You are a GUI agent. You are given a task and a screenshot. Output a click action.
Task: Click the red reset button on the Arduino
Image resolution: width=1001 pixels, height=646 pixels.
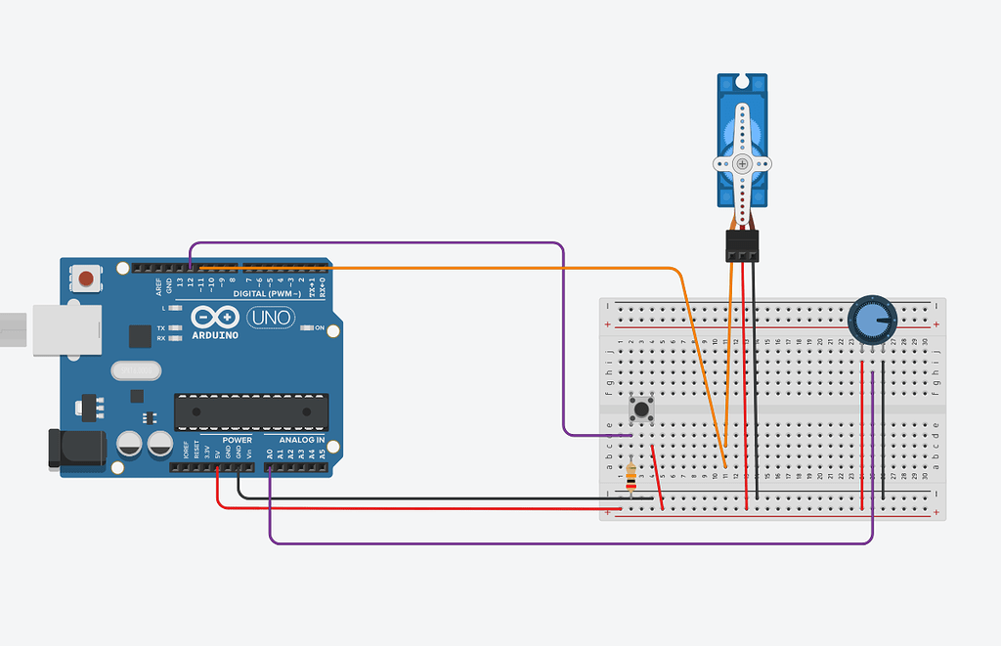[x=87, y=279]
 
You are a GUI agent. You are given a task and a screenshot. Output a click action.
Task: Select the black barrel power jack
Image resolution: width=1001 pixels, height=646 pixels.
[x=78, y=448]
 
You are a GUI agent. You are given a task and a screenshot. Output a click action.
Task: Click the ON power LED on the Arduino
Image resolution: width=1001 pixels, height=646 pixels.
[x=305, y=327]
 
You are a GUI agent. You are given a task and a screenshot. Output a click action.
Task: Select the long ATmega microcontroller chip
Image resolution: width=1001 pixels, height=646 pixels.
[x=251, y=411]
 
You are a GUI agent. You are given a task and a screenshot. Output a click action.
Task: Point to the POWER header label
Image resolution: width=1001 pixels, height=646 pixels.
[x=237, y=441]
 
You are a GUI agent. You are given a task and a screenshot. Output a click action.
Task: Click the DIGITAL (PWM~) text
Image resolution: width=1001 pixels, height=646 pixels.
[x=267, y=293]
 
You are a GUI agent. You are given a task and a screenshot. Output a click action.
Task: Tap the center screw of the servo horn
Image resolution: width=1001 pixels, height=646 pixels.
[x=742, y=163]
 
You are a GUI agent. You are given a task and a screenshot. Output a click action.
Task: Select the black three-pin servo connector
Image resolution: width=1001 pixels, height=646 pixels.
[x=743, y=245]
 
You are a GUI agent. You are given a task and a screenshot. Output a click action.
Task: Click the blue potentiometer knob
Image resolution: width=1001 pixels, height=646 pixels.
[x=871, y=320]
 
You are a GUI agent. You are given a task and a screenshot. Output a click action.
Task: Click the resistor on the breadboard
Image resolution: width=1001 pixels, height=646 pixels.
[x=631, y=475]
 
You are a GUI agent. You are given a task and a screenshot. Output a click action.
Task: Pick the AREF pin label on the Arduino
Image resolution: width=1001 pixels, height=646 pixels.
[x=158, y=286]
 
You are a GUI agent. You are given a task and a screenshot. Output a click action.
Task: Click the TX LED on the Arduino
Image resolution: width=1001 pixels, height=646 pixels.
[x=174, y=328]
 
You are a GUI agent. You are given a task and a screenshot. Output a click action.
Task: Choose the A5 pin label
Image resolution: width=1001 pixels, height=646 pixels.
[x=322, y=454]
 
